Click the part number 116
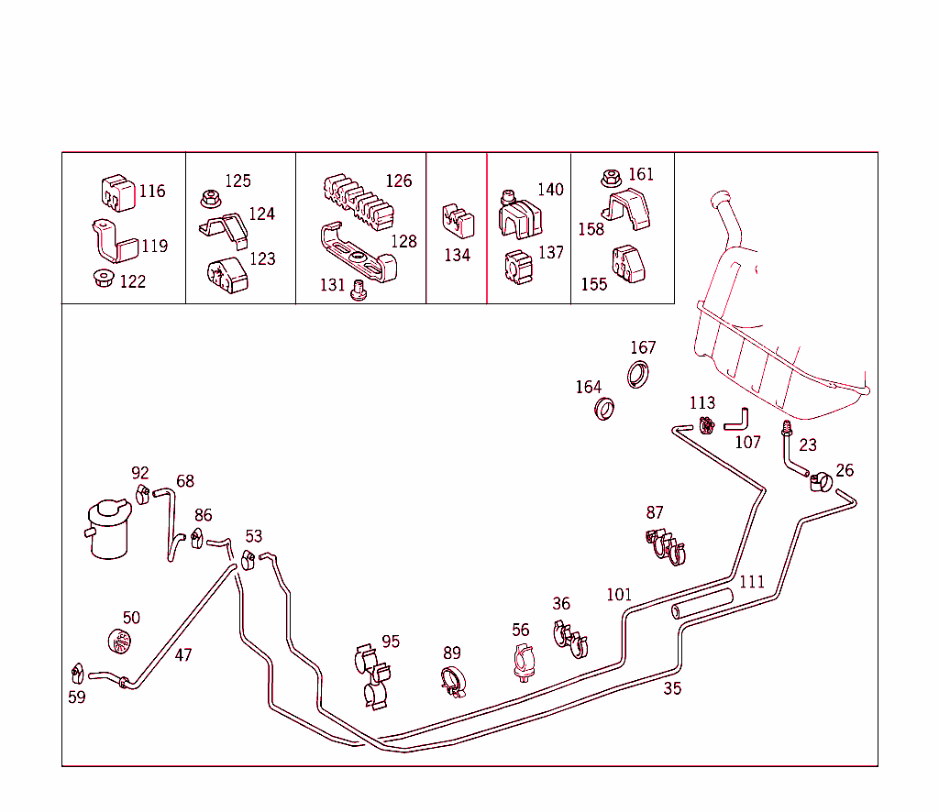pos(152,192)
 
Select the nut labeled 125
pos(207,197)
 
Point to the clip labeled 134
pos(457,223)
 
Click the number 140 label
pos(550,190)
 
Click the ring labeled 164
pos(604,409)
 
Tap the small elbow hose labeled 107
pos(737,421)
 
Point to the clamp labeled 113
pos(706,424)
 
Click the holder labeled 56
pos(523,662)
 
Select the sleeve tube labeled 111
pos(702,605)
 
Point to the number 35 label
pos(672,688)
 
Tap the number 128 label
pos(403,242)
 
